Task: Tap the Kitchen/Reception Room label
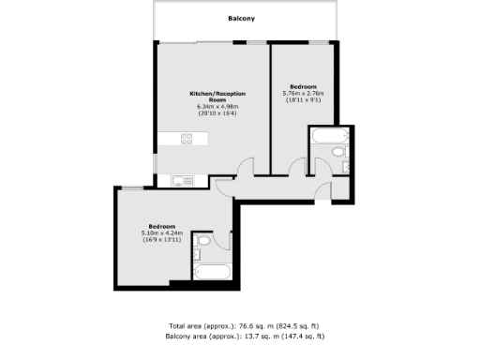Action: click(212, 97)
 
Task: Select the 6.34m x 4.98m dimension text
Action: click(212, 107)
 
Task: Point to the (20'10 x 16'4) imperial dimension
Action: click(212, 113)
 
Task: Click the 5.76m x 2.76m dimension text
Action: click(303, 92)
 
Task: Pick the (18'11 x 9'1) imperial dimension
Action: click(303, 98)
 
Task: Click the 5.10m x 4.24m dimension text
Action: click(160, 232)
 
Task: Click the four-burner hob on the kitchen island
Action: click(186, 140)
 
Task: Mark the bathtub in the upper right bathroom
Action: click(328, 137)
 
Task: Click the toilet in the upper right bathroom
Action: click(339, 151)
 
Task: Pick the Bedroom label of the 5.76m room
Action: click(303, 84)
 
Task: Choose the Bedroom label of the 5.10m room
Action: click(160, 225)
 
